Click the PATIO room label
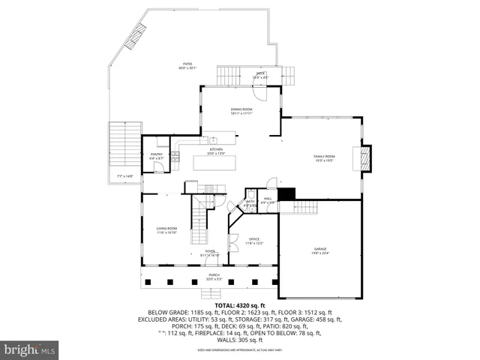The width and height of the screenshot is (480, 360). point(187,66)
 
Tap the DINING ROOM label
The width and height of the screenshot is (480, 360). point(241,111)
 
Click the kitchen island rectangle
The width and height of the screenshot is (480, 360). point(214,163)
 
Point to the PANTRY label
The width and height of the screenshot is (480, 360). point(156,156)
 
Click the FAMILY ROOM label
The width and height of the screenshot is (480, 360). point(323,157)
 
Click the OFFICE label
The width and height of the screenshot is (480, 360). point(254,241)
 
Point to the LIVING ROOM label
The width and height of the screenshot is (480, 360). point(166,229)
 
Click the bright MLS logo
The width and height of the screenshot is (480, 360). point(30,349)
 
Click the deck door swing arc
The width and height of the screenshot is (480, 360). point(259,92)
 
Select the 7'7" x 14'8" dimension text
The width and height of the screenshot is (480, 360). point(124,176)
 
